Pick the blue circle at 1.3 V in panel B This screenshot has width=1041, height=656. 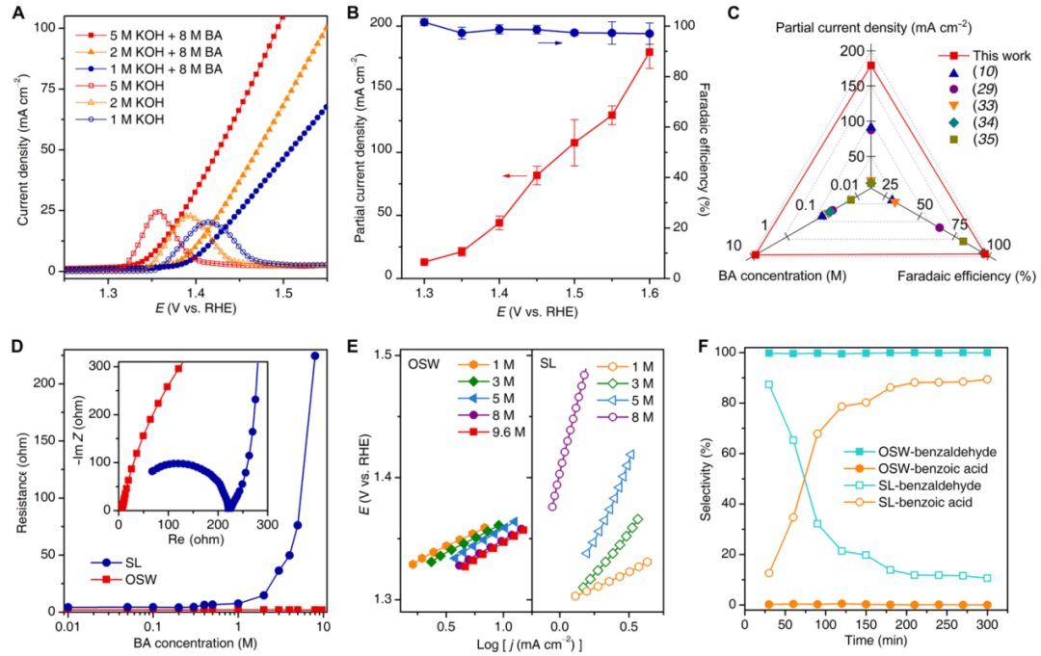click(424, 21)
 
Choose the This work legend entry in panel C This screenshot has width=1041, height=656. click(982, 56)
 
